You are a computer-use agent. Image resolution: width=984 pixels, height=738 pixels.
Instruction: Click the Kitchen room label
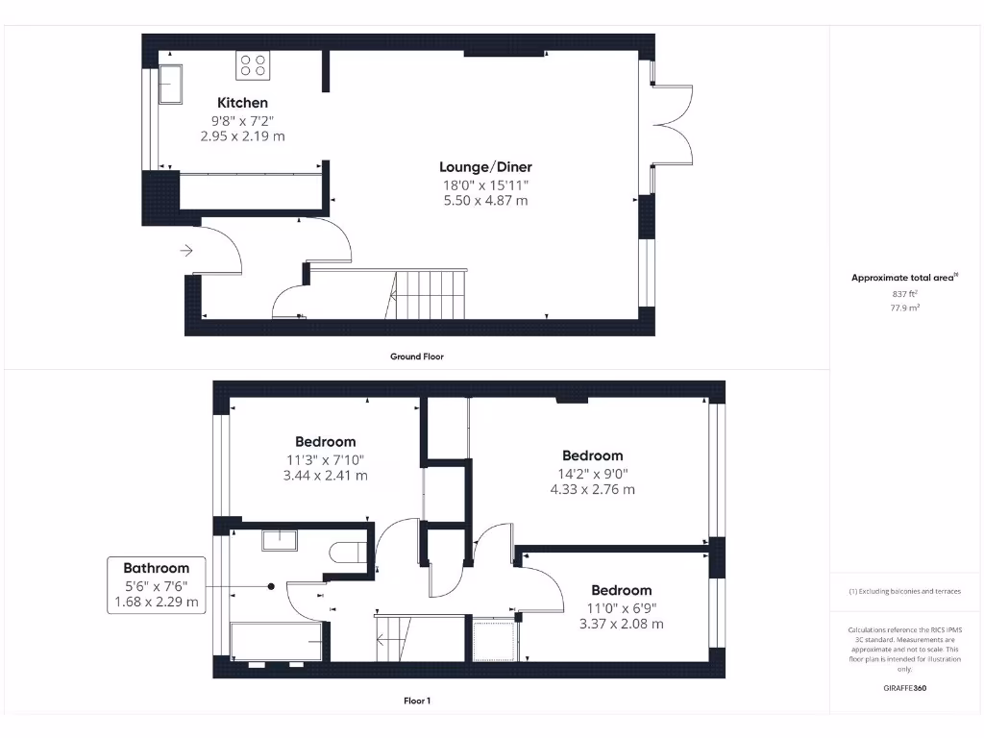click(242, 103)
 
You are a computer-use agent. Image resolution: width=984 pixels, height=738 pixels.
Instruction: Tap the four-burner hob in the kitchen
click(254, 65)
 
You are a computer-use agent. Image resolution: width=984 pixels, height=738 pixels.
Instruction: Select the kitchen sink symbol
click(171, 83)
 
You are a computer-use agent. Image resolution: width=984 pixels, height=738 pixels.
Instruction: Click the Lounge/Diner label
click(485, 167)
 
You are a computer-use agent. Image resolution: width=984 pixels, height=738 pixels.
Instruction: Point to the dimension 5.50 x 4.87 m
click(485, 201)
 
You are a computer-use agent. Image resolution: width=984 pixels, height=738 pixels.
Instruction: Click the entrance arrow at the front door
click(185, 251)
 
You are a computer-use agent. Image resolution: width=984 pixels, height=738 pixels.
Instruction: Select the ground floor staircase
click(430, 294)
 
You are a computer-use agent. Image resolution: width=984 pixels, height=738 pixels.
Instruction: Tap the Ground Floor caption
click(416, 357)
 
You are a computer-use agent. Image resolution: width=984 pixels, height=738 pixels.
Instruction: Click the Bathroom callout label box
click(156, 585)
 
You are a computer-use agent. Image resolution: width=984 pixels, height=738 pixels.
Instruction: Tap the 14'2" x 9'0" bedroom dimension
click(592, 473)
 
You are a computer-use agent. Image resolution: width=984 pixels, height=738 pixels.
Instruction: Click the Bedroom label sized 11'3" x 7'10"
click(325, 442)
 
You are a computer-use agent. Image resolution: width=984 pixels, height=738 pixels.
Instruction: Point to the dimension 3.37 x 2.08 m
click(621, 624)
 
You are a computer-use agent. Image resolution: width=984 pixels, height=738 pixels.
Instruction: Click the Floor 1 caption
click(416, 701)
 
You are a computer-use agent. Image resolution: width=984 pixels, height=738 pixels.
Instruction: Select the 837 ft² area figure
click(904, 294)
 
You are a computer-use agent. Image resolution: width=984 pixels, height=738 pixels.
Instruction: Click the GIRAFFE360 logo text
click(904, 688)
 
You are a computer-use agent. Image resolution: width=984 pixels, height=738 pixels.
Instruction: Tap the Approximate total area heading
click(904, 278)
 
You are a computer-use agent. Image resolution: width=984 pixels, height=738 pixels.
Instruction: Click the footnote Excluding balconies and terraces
click(904, 592)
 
